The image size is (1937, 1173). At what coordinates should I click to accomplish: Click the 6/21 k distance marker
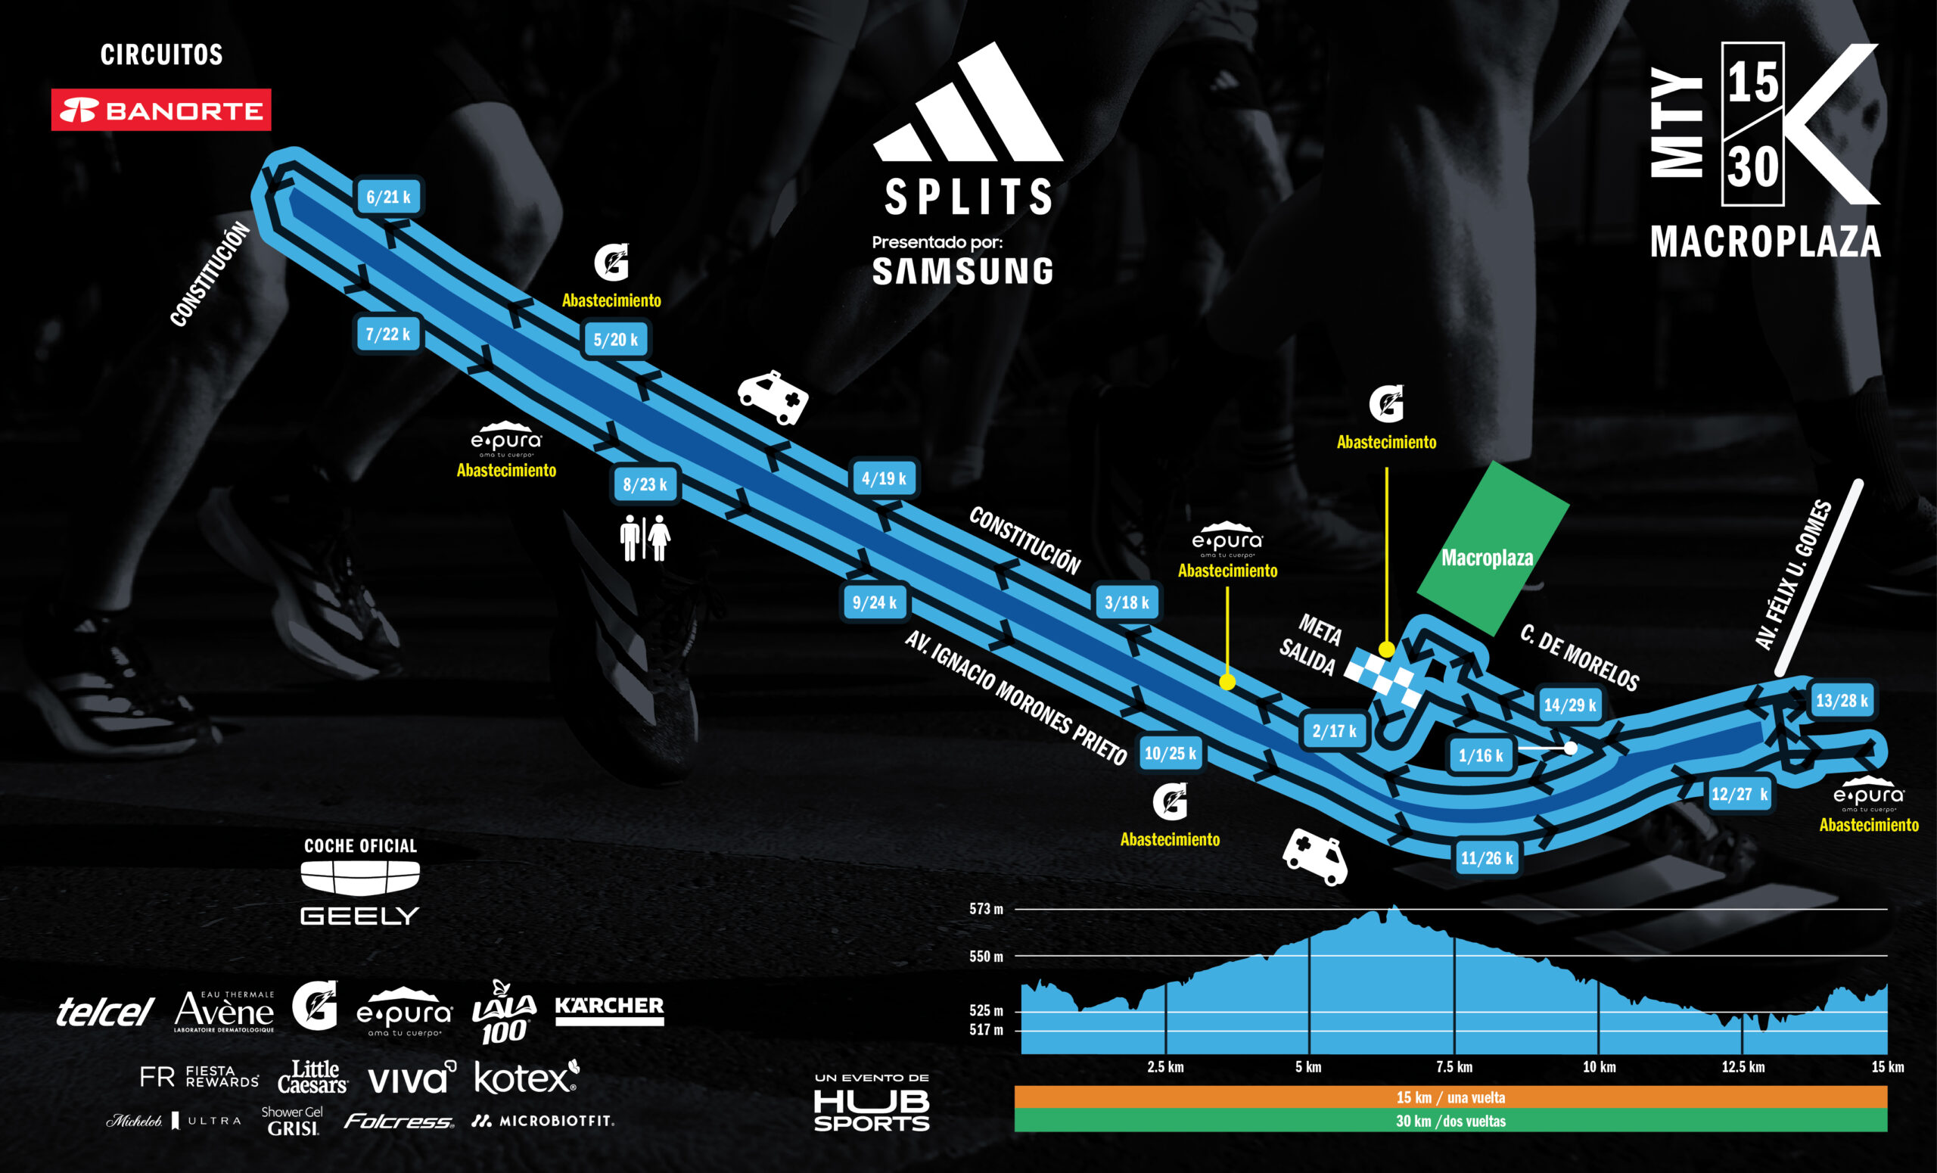point(388,197)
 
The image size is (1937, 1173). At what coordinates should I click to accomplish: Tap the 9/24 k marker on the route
point(874,602)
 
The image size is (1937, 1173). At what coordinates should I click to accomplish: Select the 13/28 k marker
point(1841,701)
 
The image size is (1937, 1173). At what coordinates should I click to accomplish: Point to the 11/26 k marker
point(1486,857)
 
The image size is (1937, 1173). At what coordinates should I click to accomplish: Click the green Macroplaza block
point(1491,548)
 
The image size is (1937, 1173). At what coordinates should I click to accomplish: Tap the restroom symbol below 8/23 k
point(645,538)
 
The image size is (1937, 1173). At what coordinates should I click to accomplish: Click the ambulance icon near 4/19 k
point(773,397)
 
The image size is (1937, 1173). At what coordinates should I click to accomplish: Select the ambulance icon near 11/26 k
point(1315,856)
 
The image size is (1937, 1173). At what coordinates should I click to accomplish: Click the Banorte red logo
point(161,110)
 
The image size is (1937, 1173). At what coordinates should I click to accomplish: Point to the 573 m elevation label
point(986,909)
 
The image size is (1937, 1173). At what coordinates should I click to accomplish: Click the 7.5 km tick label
point(1454,1067)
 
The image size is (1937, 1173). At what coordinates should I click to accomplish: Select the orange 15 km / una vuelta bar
point(1450,1097)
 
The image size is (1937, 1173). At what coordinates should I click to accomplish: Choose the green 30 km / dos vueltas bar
point(1450,1120)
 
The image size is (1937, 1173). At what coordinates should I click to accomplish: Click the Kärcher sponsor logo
point(609,1010)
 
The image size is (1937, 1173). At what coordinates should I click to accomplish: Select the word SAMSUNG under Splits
point(962,271)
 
